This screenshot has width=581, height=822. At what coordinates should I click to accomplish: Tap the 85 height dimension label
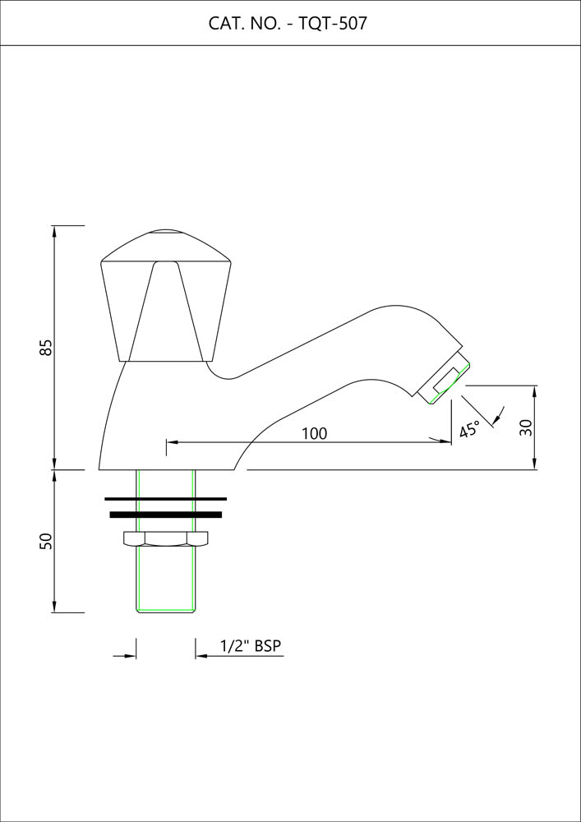[47, 348]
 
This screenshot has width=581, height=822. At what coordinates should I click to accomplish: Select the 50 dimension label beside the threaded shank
[47, 541]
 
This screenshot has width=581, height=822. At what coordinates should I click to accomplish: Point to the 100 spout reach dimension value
[315, 433]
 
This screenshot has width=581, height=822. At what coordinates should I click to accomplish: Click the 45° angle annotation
[469, 429]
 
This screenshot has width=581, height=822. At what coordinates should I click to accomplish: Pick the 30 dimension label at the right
[527, 427]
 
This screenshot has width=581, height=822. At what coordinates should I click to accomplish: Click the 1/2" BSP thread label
[251, 646]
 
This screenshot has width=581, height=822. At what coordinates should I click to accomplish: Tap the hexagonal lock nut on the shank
[165, 539]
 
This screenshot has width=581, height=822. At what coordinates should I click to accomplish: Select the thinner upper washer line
[165, 499]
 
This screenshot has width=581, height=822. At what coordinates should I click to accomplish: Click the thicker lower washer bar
[165, 515]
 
